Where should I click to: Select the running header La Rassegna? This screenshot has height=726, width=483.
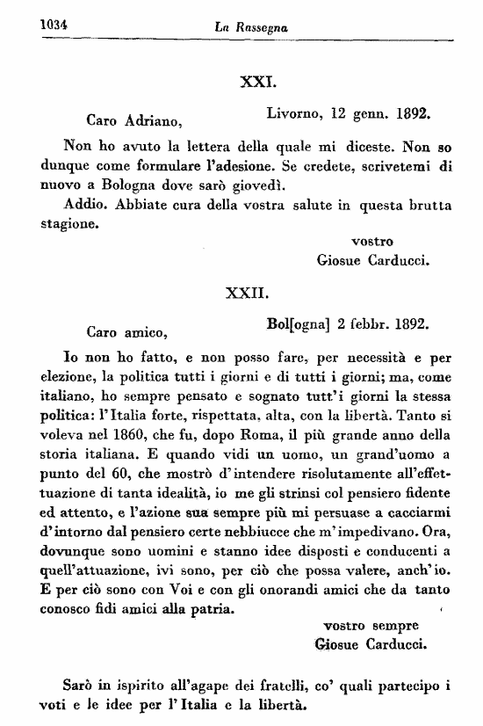point(252,29)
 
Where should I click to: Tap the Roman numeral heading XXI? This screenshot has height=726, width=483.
point(258,84)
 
